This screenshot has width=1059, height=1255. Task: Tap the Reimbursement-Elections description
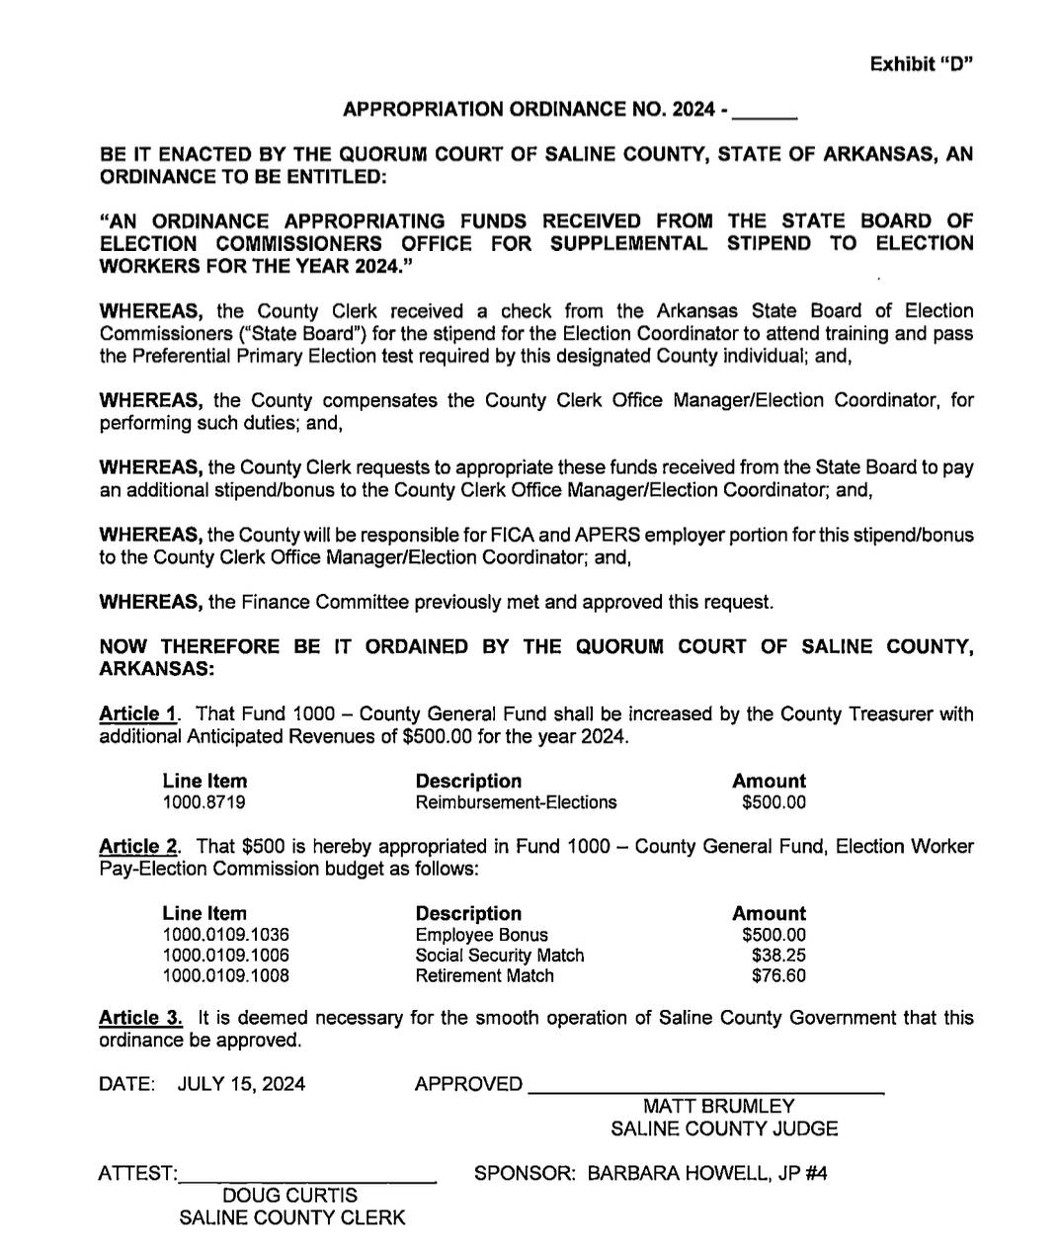tap(516, 802)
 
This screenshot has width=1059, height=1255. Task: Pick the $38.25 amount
tap(778, 956)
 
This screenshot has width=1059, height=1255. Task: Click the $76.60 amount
tap(778, 976)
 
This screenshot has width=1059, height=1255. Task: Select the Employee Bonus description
tap(481, 935)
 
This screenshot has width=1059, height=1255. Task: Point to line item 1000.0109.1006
tap(226, 956)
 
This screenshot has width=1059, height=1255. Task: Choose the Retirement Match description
tap(484, 976)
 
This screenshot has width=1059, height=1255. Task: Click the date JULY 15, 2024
tap(241, 1084)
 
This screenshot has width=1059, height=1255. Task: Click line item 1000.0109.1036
tap(226, 935)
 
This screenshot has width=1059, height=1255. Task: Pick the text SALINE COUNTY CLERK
tap(291, 1217)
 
